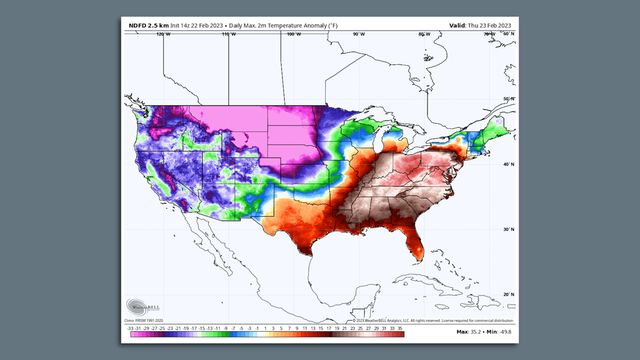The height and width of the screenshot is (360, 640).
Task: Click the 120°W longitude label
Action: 164,34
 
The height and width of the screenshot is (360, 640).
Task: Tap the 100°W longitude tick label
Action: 292,34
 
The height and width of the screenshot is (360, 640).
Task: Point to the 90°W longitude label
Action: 358,34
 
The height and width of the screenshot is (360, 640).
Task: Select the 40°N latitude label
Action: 508,164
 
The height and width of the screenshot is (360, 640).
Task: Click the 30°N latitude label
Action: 508,229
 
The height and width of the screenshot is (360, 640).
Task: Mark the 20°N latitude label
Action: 508,294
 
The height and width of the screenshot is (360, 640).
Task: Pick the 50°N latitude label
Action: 508,99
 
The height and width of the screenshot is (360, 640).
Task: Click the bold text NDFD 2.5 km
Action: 148,26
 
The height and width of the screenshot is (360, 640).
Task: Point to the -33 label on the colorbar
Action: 130,327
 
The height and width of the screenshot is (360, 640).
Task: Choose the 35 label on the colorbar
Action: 399,327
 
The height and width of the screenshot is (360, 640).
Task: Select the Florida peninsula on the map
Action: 413,244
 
